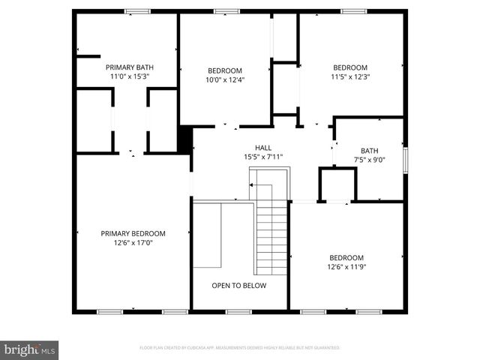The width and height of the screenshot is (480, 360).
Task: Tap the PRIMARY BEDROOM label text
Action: pyautogui.click(x=133, y=233)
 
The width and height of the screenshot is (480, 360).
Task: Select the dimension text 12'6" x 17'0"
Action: pyautogui.click(x=133, y=243)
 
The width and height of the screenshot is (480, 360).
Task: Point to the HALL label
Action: pyautogui.click(x=263, y=148)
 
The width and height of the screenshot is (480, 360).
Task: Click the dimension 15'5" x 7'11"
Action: pyautogui.click(x=263, y=157)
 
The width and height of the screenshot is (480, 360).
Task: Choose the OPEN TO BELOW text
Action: pyautogui.click(x=238, y=285)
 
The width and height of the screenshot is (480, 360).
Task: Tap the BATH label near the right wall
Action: pyautogui.click(x=370, y=150)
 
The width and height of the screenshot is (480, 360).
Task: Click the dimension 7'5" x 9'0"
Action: pyautogui.click(x=370, y=159)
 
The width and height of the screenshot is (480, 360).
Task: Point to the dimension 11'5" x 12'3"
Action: pyautogui.click(x=350, y=76)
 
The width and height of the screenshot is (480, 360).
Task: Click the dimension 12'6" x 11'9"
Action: pyautogui.click(x=346, y=266)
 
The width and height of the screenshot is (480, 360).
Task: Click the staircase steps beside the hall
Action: pyautogui.click(x=272, y=236)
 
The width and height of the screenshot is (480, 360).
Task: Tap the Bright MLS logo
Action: pyautogui.click(x=30, y=350)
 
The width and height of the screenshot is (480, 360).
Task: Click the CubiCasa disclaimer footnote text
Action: pyautogui.click(x=240, y=348)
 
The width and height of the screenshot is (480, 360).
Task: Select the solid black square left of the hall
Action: pyautogui.click(x=184, y=139)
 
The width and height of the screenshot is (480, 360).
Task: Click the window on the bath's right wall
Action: pyautogui.click(x=405, y=158)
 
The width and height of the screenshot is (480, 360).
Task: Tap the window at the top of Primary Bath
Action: pyautogui.click(x=137, y=10)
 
